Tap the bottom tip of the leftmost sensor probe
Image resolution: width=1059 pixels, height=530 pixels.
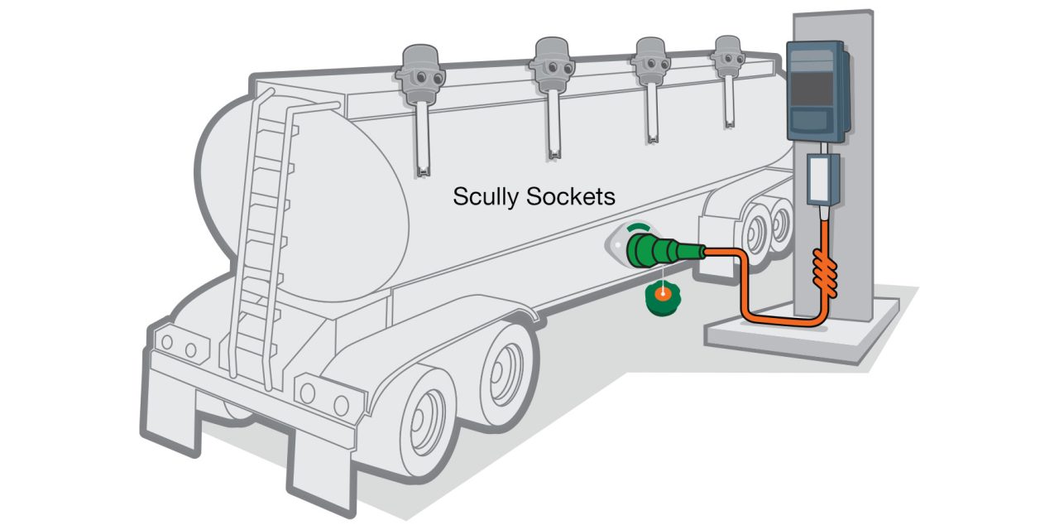[424, 172]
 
